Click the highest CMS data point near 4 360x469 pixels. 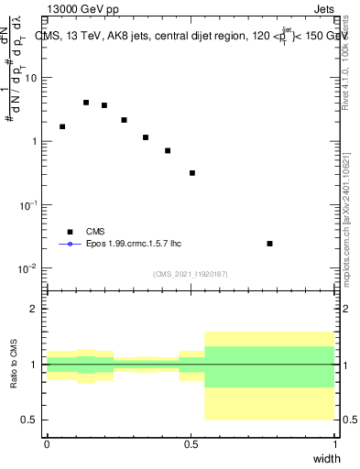coord(86,103)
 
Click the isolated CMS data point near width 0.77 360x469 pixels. coord(269,244)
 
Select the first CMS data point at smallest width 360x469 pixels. coord(62,126)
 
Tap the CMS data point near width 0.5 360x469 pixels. coord(192,173)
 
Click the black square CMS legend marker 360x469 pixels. coord(70,233)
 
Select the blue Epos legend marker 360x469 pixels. coord(70,245)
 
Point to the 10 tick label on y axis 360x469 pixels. coord(31,78)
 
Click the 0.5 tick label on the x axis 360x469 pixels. coord(191,443)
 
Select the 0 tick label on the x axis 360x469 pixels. coord(47,443)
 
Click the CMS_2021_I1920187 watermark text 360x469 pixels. coord(191,274)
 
